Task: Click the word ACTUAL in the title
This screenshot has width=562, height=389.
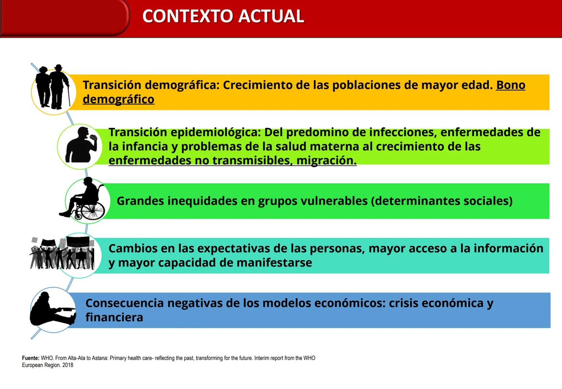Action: click(x=271, y=17)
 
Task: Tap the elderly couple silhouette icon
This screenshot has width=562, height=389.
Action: click(x=53, y=88)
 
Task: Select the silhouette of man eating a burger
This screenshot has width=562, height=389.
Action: click(x=81, y=145)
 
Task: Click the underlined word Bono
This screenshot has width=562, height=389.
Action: click(x=510, y=85)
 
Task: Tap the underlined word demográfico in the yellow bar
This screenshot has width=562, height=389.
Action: click(x=119, y=99)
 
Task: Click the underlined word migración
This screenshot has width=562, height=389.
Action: click(x=326, y=160)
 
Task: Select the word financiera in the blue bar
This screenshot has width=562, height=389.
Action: click(x=114, y=317)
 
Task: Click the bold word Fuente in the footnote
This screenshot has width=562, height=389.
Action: click(x=31, y=358)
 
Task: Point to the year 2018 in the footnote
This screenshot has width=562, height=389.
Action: click(x=68, y=365)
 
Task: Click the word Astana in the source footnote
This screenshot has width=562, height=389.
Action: click(x=99, y=358)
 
